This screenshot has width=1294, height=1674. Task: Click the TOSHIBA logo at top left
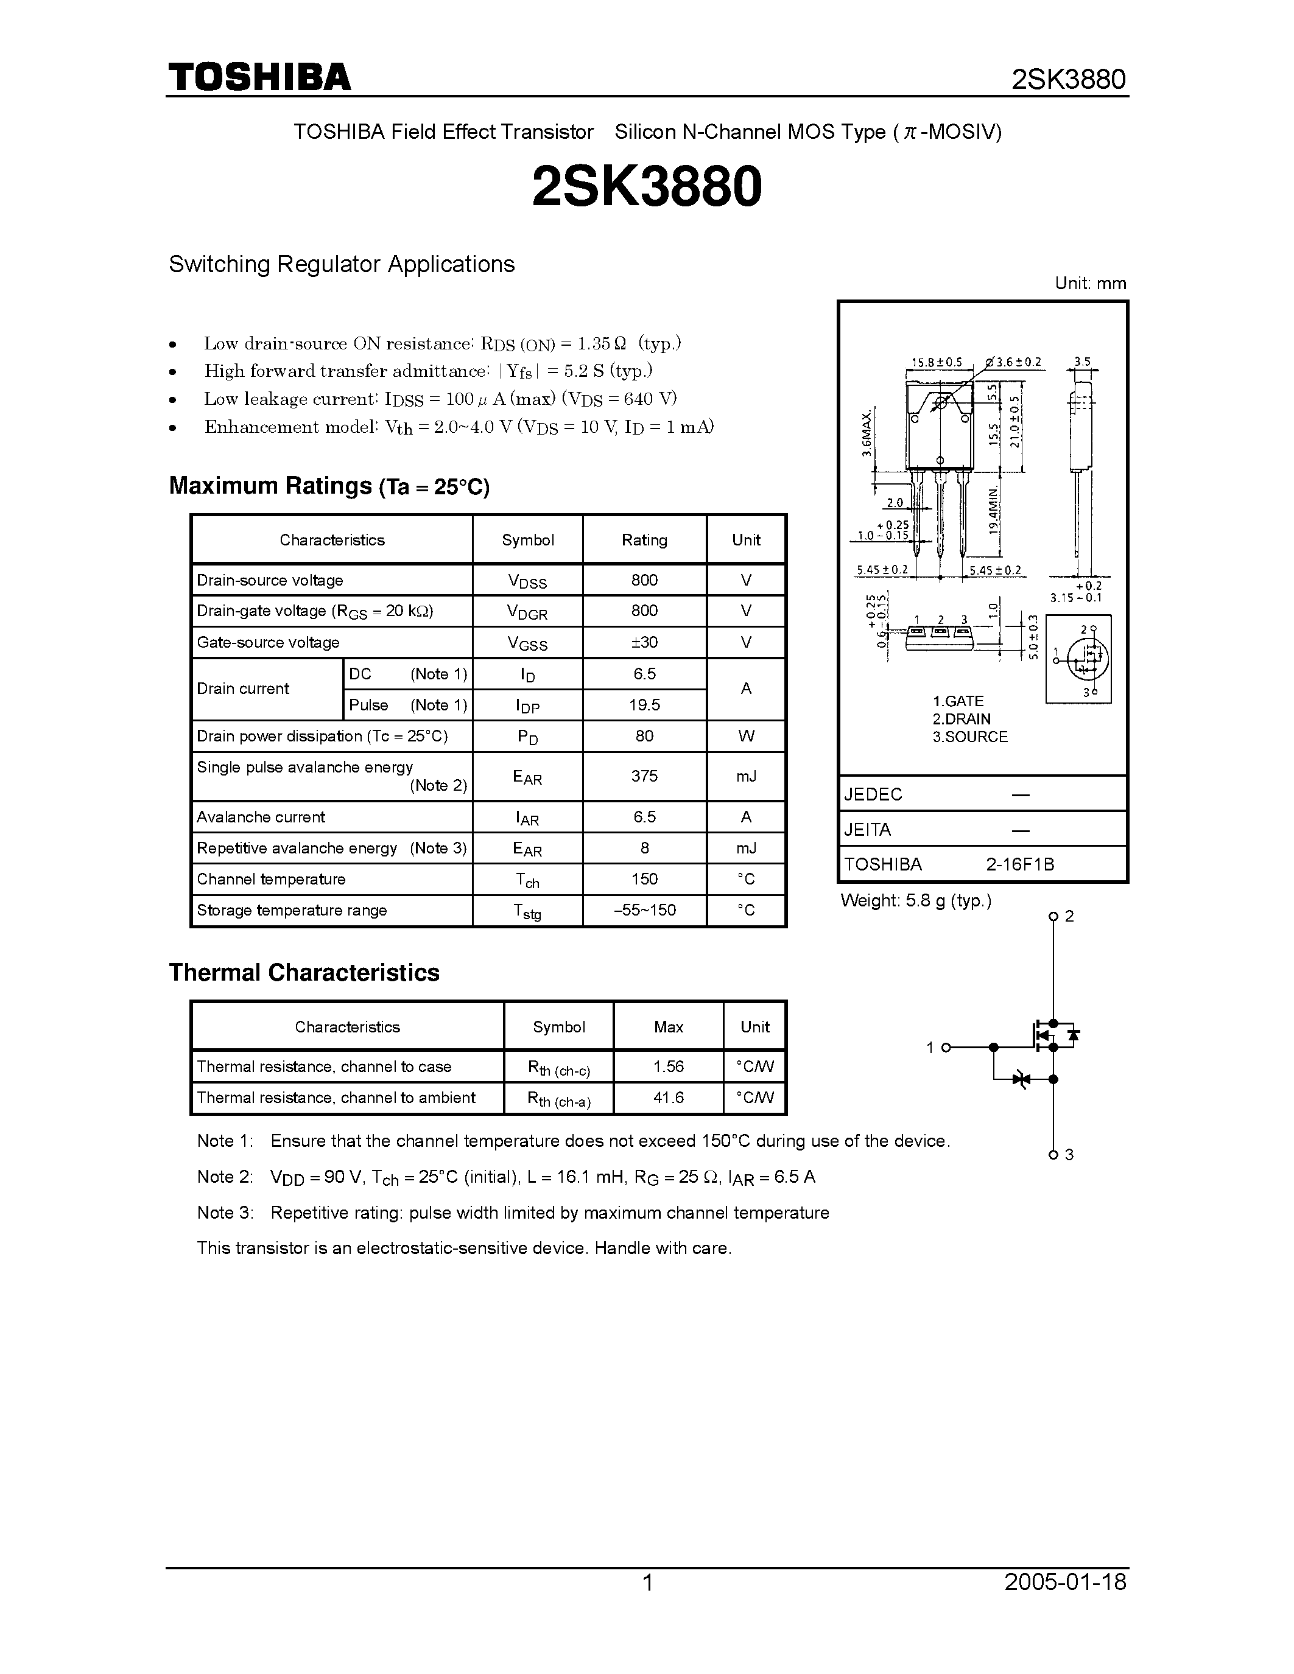tap(260, 77)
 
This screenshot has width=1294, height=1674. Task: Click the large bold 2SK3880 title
tap(646, 187)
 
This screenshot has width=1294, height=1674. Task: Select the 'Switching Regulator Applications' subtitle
tap(341, 264)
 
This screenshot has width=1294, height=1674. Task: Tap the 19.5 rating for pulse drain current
tap(644, 705)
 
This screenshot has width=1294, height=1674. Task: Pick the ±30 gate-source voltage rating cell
tap(644, 642)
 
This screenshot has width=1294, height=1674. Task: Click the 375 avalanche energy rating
tap(644, 776)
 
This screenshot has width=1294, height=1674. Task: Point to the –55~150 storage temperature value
tap(644, 911)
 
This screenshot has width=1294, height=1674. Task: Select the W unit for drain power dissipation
tap(746, 736)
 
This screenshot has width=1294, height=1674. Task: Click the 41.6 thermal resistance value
tap(667, 1098)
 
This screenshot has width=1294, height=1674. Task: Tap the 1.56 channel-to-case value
tap(667, 1066)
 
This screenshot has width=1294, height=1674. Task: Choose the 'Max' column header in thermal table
tap(667, 1027)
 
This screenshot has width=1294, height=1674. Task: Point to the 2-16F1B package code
tap(1019, 864)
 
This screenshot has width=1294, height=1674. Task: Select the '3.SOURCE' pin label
tap(969, 737)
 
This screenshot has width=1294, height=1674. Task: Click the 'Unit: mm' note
tap(1090, 284)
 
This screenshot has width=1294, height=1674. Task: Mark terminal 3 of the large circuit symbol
tap(1053, 1154)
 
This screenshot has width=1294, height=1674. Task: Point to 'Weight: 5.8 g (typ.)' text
tap(915, 901)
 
